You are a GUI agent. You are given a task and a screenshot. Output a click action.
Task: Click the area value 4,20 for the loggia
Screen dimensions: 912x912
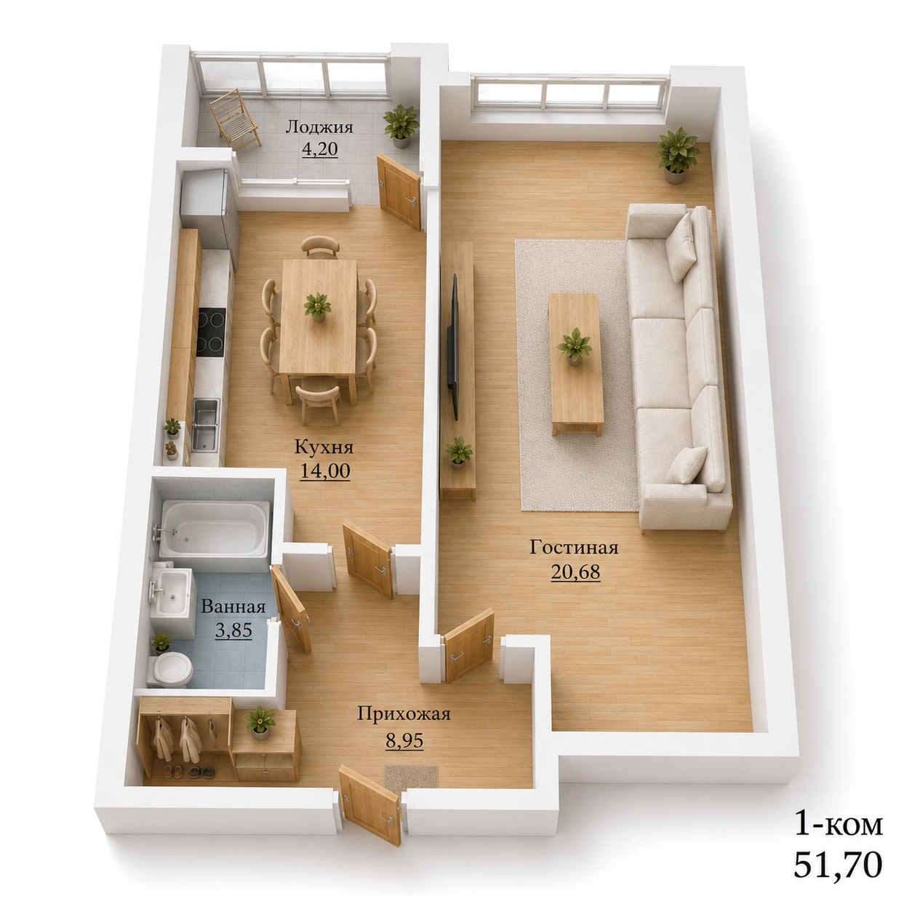(319, 149)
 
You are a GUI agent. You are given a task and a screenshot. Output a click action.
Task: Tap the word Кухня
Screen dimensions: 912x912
(324, 447)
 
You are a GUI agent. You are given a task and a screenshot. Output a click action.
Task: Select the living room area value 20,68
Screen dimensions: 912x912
(575, 572)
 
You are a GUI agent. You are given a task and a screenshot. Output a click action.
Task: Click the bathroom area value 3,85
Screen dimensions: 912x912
(233, 630)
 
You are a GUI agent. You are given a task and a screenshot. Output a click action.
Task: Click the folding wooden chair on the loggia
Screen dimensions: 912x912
(235, 120)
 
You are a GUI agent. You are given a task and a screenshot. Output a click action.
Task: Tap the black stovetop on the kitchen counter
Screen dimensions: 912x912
(211, 332)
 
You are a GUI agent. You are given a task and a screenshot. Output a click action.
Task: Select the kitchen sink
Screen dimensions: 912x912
(206, 424)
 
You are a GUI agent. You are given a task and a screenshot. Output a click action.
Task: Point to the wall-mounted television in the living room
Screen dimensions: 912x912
(453, 347)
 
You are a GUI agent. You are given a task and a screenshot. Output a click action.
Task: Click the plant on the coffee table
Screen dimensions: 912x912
(574, 345)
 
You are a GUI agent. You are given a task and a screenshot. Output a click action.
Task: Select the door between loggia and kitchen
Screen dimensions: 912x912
(399, 192)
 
